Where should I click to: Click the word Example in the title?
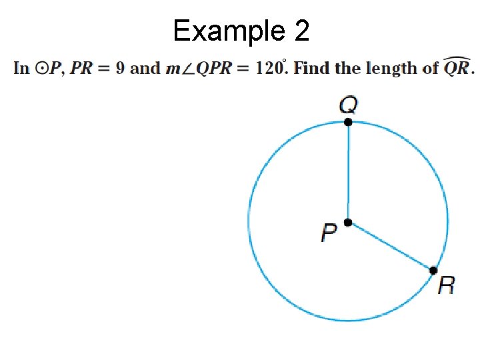coord(225,31)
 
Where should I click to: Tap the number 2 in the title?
coord(300,31)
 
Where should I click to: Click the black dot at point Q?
coord(348,122)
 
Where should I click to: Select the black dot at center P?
coord(348,223)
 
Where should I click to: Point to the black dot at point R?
coord(433,270)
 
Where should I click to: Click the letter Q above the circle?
coord(348,105)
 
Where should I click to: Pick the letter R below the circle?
coord(447,286)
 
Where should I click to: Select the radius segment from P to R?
coord(391,246)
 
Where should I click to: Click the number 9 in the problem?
coord(120,68)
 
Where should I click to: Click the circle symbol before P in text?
coord(43,68)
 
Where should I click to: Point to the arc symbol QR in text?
coord(457,67)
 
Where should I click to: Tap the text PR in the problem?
coord(81,68)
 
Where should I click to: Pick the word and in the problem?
coord(146,68)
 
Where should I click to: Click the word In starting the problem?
coord(21,68)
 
